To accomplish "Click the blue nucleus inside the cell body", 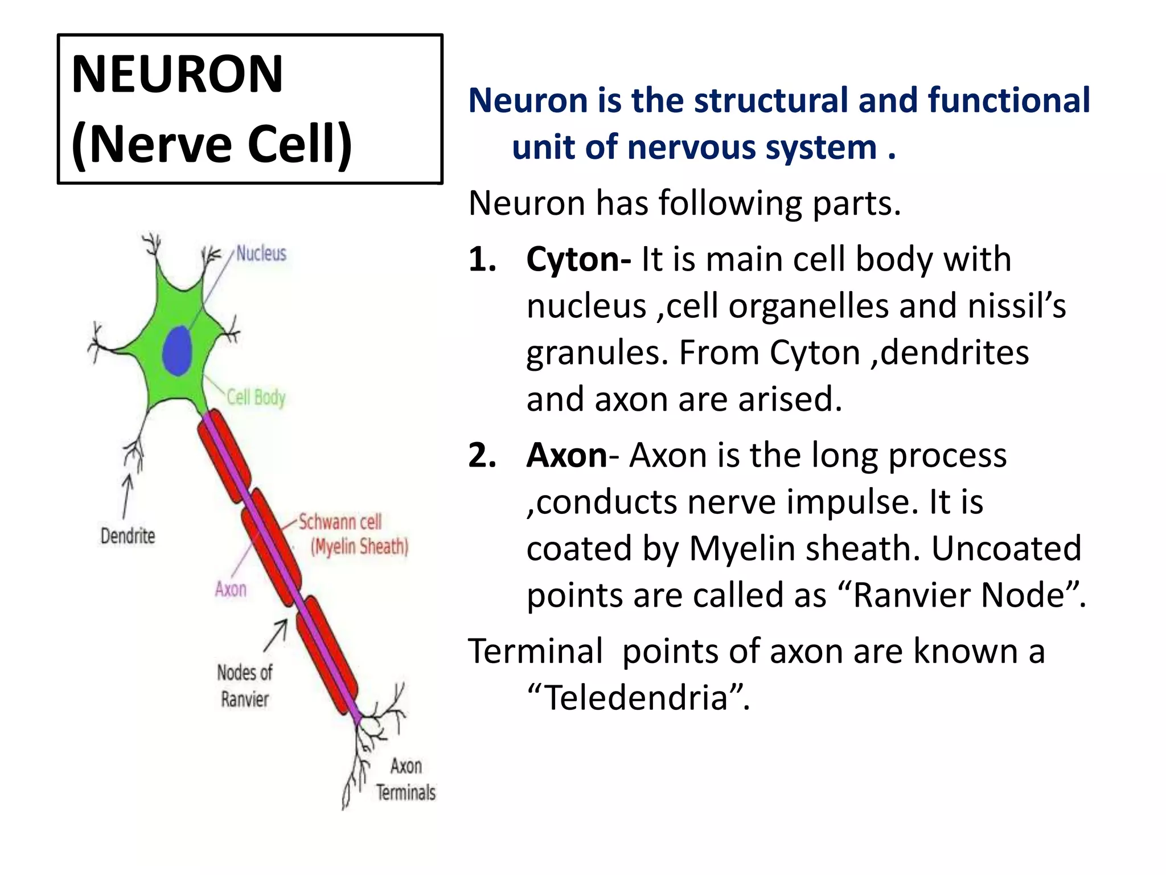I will [x=177, y=351].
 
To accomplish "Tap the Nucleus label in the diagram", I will [x=261, y=253].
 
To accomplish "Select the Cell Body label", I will [x=256, y=397].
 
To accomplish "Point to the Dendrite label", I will [x=128, y=536].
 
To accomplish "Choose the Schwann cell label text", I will [x=340, y=522].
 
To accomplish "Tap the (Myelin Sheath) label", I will [x=359, y=547].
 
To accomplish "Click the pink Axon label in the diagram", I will [x=231, y=589].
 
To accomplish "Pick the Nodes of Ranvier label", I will [x=245, y=686].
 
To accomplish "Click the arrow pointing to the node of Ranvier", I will [x=276, y=636].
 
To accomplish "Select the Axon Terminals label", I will [x=406, y=779].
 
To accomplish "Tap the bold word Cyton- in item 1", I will [x=578, y=259].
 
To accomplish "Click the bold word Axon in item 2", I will [x=566, y=456].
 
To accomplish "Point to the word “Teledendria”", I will [x=638, y=697].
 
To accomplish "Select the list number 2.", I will [x=481, y=456].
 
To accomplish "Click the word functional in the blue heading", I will [x=1008, y=100].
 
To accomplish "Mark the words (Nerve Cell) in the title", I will [x=212, y=144].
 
